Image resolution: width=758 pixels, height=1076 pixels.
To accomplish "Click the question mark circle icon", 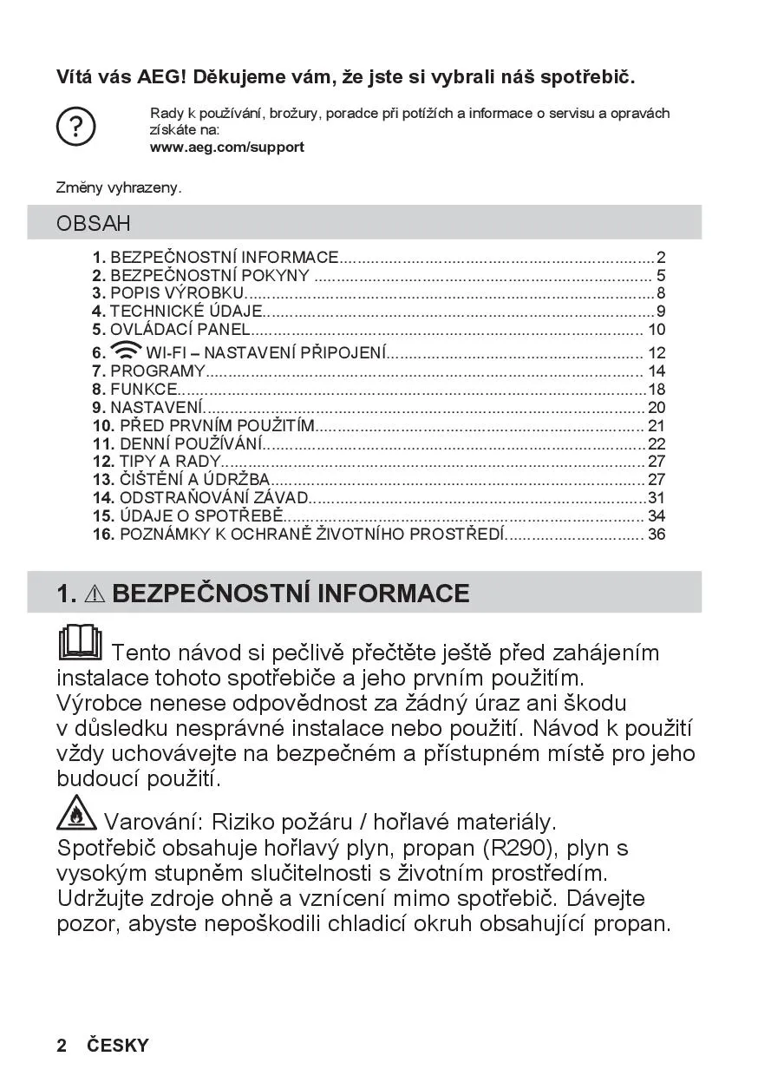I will pyautogui.click(x=75, y=128).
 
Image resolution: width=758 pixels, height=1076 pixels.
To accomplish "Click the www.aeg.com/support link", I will pyautogui.click(x=226, y=148).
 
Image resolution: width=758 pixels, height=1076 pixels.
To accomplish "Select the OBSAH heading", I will pyautogui.click(x=94, y=223).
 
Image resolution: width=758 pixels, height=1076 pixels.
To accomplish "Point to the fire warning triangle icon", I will pyautogui.click(x=77, y=812).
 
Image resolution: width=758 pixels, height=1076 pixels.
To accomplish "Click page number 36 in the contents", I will pyautogui.click(x=657, y=534).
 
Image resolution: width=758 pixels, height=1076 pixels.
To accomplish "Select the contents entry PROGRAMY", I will pyautogui.click(x=157, y=371).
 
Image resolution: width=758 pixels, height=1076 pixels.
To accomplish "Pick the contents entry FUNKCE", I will pyautogui.click(x=143, y=390).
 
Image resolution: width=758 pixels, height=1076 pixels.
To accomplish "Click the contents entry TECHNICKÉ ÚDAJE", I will pyautogui.click(x=186, y=312).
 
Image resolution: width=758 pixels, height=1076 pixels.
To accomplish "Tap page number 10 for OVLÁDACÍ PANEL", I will pyautogui.click(x=657, y=330).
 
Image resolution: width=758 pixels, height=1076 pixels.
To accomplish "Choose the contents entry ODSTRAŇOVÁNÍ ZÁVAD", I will pyautogui.click(x=213, y=498).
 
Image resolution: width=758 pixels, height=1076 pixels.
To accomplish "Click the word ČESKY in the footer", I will pyautogui.click(x=118, y=1046).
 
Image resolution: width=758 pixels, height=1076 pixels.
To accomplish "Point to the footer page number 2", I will pyautogui.click(x=62, y=1046).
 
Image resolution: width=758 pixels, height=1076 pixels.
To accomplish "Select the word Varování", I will pyautogui.click(x=153, y=821).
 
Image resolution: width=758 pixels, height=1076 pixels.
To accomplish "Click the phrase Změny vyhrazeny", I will pyautogui.click(x=119, y=187).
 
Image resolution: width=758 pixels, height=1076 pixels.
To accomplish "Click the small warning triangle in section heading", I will pyautogui.click(x=95, y=594).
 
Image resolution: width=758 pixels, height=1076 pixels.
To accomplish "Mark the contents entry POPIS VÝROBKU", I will pyautogui.click(x=177, y=293).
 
